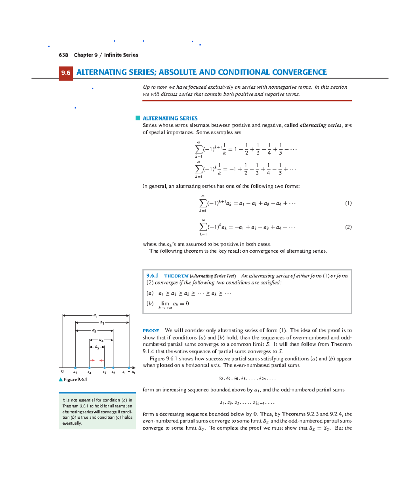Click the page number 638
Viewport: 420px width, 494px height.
click(x=63, y=55)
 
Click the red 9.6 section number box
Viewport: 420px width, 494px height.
click(x=66, y=73)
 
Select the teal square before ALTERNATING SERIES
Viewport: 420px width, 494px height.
click(x=138, y=118)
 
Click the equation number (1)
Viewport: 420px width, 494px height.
click(x=348, y=203)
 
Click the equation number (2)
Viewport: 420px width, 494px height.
click(x=348, y=227)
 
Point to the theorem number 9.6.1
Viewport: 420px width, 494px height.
click(x=152, y=276)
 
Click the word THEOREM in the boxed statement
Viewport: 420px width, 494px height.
click(x=176, y=276)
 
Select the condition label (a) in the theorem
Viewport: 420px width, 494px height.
click(x=150, y=293)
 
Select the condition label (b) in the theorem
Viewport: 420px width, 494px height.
click(x=150, y=304)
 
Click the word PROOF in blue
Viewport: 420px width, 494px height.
click(x=151, y=330)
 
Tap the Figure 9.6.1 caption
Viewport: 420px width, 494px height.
click(x=75, y=379)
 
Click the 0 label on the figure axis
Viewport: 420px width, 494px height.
click(x=62, y=372)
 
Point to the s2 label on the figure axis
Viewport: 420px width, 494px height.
click(x=75, y=372)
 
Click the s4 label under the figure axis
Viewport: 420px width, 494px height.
click(x=90, y=372)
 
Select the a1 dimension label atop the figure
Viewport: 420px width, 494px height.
click(x=96, y=315)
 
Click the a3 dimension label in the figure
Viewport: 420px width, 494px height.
click(x=94, y=330)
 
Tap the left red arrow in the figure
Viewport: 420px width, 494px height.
click(x=92, y=360)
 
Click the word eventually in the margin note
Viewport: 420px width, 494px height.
click(x=72, y=423)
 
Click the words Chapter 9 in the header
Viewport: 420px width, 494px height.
click(x=86, y=55)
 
